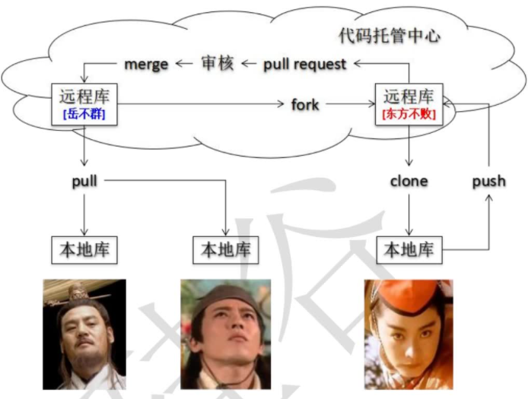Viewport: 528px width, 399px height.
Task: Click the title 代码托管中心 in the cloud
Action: tap(390, 35)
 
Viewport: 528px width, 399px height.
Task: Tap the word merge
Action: tap(145, 64)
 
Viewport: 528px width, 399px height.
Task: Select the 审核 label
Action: tap(218, 64)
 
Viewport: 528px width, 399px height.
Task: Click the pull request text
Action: tap(304, 64)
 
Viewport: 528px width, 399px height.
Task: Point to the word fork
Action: tap(305, 103)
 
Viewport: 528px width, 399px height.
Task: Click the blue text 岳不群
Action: tap(84, 115)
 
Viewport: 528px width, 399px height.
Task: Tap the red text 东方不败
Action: tap(409, 116)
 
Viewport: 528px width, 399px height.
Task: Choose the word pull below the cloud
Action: tap(84, 182)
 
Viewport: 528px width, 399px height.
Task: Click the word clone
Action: tap(409, 182)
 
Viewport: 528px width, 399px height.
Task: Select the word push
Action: tap(488, 182)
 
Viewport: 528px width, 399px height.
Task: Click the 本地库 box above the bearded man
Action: tap(84, 249)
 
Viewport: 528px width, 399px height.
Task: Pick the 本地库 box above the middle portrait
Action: tap(225, 249)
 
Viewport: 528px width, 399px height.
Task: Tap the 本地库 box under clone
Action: tap(409, 249)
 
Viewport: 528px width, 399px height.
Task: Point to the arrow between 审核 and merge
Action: tap(183, 64)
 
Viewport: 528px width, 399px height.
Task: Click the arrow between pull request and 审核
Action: tap(248, 64)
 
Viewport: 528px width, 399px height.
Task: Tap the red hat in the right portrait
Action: tap(403, 293)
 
